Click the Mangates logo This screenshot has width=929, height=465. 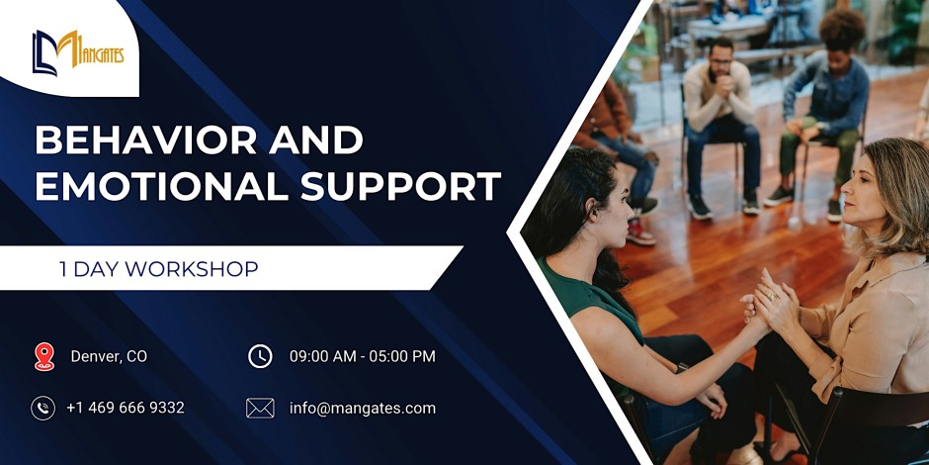point(78,52)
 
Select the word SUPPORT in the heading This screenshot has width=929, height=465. point(400,186)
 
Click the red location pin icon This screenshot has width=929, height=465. point(44,356)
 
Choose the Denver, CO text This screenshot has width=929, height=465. point(109,356)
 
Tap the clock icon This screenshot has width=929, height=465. point(260,356)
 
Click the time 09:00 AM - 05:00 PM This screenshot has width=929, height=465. point(363,356)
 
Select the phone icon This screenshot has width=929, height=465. point(42,408)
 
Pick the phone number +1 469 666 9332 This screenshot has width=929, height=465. point(126,408)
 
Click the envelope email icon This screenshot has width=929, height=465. point(260,408)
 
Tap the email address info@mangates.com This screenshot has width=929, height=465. point(363,408)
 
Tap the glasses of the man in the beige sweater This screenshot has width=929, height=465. point(719,61)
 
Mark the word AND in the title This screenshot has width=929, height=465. point(316,140)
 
